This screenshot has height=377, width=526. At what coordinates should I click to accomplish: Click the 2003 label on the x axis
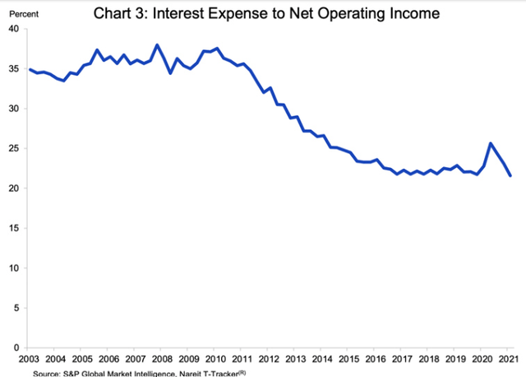tap(30, 359)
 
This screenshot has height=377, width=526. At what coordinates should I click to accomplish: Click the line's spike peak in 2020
tap(490, 143)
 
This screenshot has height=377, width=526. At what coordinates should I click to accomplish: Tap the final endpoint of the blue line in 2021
tap(510, 175)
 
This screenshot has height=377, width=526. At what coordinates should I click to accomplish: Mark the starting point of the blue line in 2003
tap(30, 69)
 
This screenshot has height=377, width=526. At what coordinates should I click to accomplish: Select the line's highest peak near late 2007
tap(156, 44)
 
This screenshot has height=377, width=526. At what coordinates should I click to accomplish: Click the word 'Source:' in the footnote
tap(47, 372)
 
